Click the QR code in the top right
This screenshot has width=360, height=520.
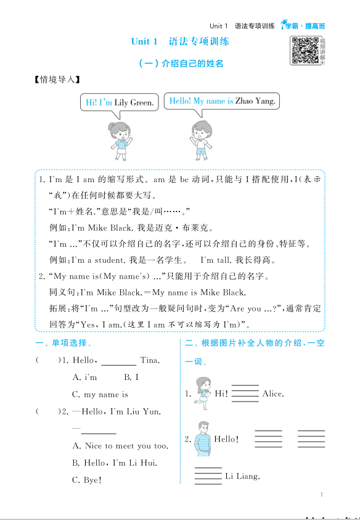tap(305, 50)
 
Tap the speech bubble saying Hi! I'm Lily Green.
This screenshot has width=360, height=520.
tap(120, 102)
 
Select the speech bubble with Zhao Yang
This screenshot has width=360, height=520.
tap(223, 101)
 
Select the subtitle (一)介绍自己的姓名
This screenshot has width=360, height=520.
tap(180, 63)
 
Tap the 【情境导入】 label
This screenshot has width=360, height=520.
tap(57, 80)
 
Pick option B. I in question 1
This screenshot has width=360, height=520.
tap(131, 377)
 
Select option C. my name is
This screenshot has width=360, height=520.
tap(100, 394)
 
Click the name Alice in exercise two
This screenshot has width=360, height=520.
tap(273, 394)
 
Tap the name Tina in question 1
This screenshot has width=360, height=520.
tap(150, 360)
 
